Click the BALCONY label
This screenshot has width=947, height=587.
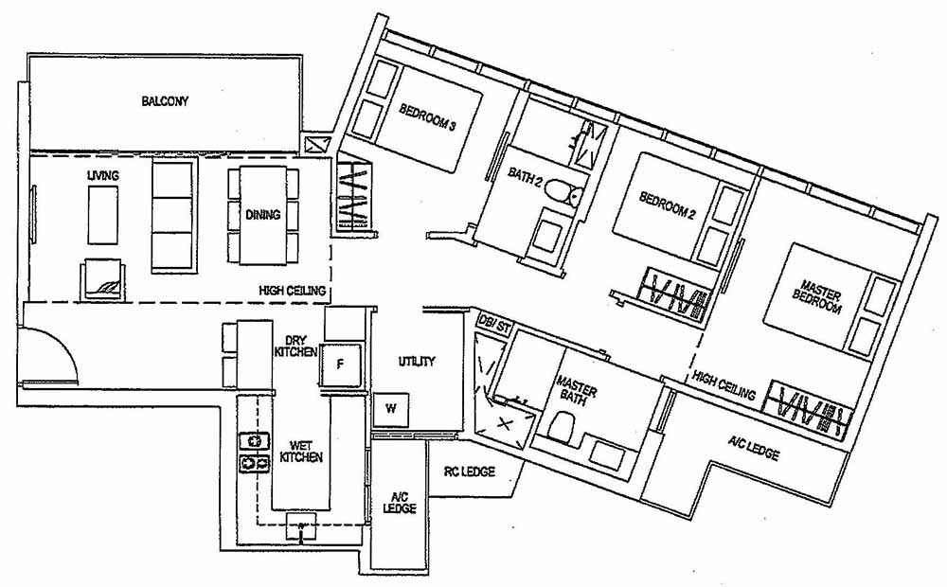[x=165, y=100]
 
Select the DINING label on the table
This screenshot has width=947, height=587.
[x=262, y=215]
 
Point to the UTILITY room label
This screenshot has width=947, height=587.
[x=417, y=362]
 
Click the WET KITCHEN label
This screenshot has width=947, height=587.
[x=301, y=451]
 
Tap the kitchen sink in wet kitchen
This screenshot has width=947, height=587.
[x=302, y=527]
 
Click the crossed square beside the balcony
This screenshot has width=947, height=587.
[x=316, y=144]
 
